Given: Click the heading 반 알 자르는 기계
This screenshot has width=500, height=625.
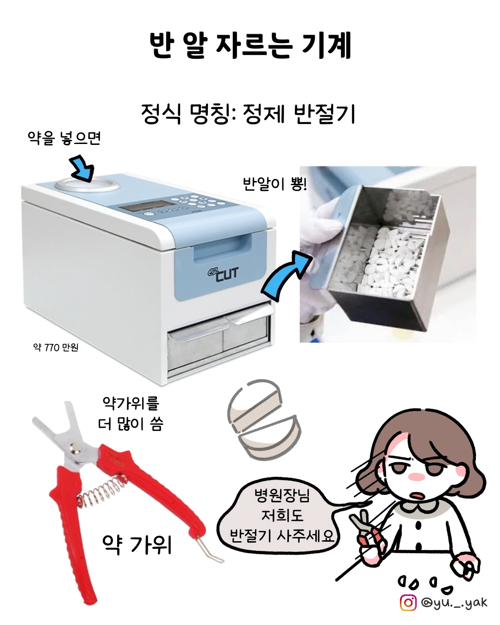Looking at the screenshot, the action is pos(250,45).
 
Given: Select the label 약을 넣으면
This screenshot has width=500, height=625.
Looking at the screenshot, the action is pos(64,138).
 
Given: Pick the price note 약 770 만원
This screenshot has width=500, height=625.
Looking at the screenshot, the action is pos(56,347).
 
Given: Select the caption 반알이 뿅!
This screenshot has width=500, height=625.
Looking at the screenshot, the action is pos(275,184).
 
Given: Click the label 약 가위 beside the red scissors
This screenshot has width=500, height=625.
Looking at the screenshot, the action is pos(137,545).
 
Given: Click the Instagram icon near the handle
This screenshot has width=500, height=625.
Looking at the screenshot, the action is pos(408,603).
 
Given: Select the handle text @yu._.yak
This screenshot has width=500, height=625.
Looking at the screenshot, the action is pos(454,603).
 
